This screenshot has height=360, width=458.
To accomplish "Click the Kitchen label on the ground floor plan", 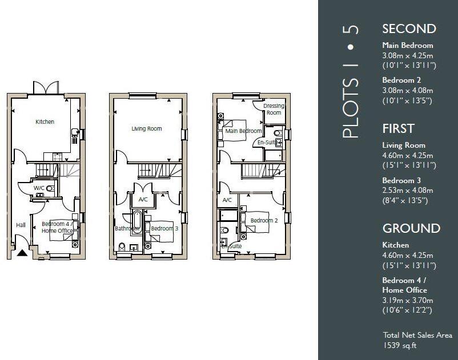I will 45,122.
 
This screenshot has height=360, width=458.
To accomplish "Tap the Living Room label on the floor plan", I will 147,129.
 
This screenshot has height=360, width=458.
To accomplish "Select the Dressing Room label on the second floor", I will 274,109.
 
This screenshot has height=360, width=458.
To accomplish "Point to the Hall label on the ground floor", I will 21,225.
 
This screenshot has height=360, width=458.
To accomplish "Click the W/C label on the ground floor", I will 39,188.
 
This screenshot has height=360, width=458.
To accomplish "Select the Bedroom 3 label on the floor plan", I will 164,228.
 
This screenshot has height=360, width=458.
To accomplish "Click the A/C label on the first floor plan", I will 143,200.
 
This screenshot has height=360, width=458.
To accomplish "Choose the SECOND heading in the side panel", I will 409,29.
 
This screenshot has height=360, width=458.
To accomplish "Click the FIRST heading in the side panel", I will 398,129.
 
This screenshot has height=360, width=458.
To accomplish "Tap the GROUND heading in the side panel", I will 411,229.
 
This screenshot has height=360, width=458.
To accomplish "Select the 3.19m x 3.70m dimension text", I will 408,301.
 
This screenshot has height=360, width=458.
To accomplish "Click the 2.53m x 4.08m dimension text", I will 408,191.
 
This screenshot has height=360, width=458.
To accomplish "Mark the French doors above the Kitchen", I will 45,88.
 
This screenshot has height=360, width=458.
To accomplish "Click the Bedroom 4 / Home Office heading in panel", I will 404,285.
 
